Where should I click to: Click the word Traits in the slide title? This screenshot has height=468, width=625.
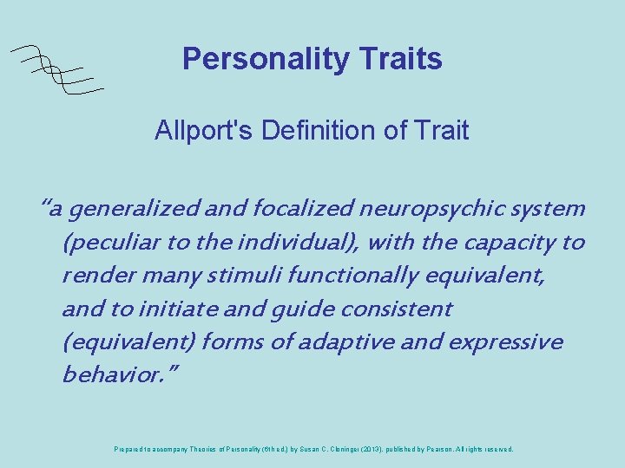(398, 59)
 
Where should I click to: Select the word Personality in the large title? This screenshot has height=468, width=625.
(264, 59)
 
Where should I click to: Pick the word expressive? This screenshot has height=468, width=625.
(505, 342)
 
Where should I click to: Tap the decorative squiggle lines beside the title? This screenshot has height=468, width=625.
(57, 68)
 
